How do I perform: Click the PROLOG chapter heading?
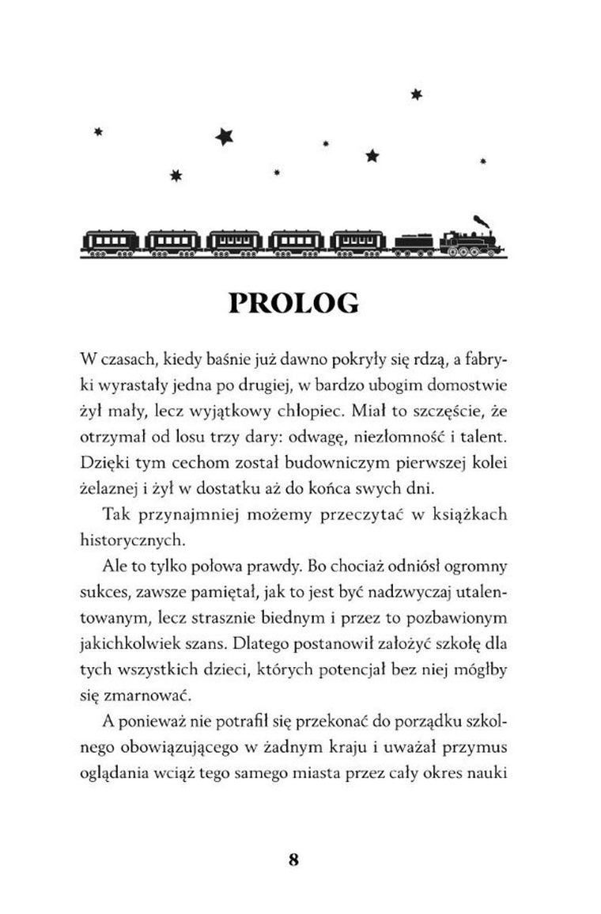pos(293,303)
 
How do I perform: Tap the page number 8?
pos(294,860)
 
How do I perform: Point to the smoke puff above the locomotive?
pos(480,219)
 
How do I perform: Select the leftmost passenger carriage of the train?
pos(111,241)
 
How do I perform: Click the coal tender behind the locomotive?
pos(413,244)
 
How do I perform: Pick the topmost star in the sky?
pos(416,95)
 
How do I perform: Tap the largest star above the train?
pos(225,137)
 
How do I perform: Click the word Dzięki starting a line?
pos(101,461)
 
